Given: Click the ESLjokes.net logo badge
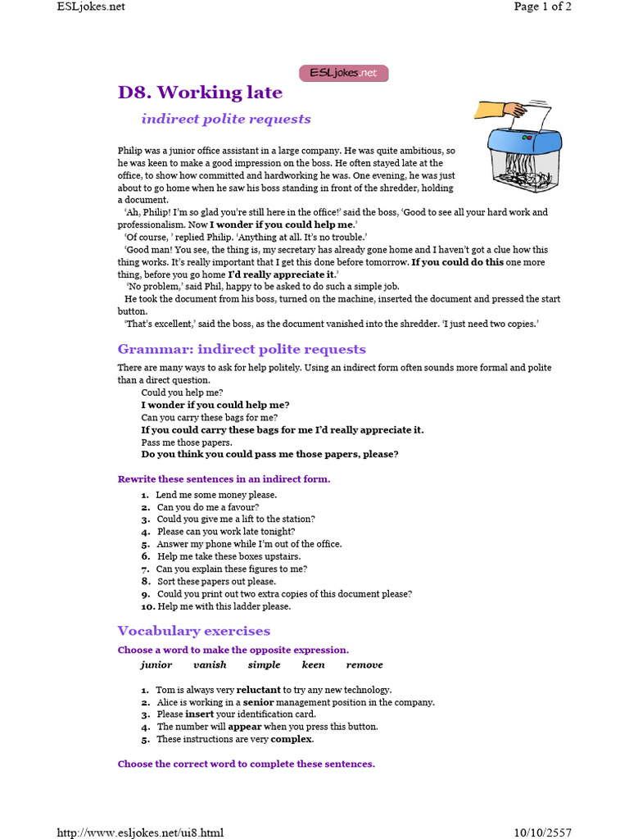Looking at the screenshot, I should pos(343,73).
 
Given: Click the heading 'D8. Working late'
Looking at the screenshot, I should pos(200,93).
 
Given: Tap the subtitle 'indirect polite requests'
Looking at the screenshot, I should pos(226,119).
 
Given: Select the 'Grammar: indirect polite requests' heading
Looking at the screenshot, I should pos(242,350).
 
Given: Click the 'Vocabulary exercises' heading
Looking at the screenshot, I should pos(193,631).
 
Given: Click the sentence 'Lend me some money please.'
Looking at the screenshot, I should pos(216,495).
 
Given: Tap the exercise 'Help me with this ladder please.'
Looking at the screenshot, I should pos(224,606).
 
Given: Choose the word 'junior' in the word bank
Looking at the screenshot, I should pos(156,665).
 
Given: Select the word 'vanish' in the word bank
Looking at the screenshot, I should pos(210,665).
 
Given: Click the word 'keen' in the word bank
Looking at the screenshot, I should pos(313,665).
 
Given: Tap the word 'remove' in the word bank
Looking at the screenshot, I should pos(364,665).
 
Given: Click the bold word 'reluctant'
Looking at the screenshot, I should pos(258,690).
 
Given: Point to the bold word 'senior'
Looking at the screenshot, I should pos(258,702).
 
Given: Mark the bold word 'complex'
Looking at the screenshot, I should pos(292,739).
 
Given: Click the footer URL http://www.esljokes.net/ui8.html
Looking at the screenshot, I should pos(139,833).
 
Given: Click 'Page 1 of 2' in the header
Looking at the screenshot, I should pos(542,7).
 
